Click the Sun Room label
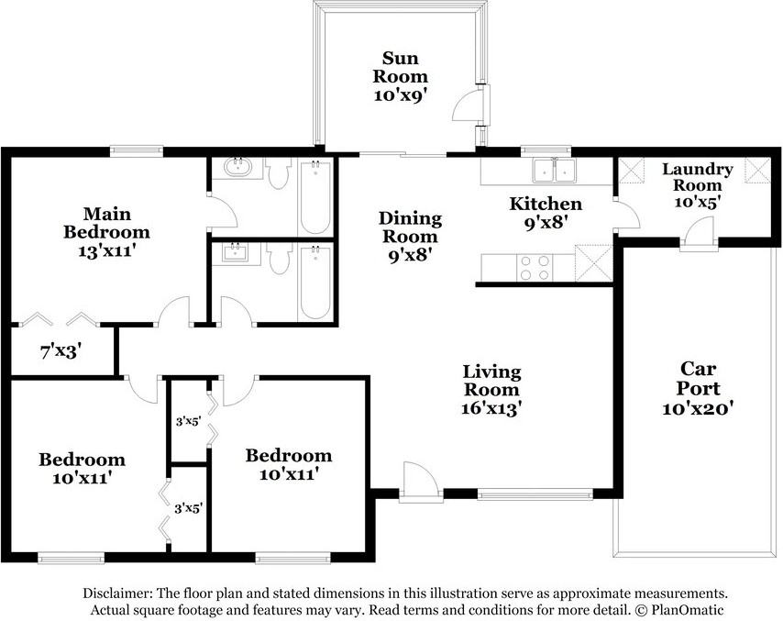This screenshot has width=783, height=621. [399, 67]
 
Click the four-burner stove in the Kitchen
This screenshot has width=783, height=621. [535, 268]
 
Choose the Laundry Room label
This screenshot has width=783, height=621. [697, 177]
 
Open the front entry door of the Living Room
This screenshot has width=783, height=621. [414, 481]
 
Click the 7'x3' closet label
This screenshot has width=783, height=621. [62, 349]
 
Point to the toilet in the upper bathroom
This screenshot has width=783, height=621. [280, 173]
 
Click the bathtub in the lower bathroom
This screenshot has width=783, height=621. [314, 282]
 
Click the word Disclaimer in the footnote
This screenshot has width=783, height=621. [116, 593]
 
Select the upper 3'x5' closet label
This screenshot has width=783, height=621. [189, 423]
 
